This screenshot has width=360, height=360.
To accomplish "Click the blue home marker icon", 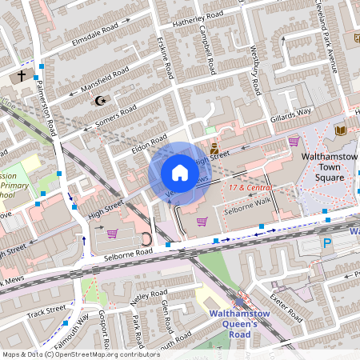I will (180, 173).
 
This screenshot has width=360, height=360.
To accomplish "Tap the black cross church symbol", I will (22, 76).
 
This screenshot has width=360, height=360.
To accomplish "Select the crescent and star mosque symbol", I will (101, 101).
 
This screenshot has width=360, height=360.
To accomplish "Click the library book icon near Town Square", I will (341, 130).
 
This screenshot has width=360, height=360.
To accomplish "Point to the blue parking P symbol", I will (326, 243).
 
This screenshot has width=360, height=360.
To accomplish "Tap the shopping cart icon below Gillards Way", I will (294, 142).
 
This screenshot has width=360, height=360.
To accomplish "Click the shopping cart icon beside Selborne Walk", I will (202, 221).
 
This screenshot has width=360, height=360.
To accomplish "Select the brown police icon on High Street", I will (214, 148).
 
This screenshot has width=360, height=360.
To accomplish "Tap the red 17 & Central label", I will (248, 187).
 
